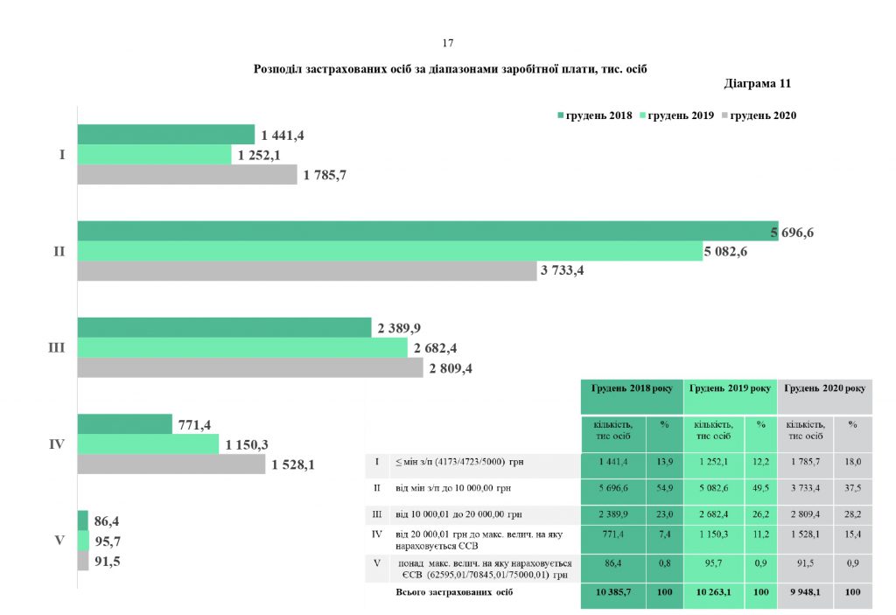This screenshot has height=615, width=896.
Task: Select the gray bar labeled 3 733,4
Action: tap(306, 271)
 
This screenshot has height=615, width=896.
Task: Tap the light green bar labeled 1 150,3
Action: tap(148, 444)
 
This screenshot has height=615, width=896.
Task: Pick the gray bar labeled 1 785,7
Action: tap(187, 175)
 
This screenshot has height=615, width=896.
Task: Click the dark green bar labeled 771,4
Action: tap(124, 424)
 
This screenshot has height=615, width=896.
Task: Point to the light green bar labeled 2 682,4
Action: tap(242, 348)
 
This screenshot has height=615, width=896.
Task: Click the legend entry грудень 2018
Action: tap(594, 115)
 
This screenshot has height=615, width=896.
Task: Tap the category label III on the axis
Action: tap(56, 348)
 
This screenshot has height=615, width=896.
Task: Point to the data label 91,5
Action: tap(107, 562)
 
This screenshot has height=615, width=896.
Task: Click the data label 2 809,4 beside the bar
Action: tap(451, 368)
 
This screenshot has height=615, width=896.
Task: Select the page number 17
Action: tap(448, 43)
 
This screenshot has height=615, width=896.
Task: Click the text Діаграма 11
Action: tap(758, 85)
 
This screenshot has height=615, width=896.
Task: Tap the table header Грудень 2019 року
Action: tap(730, 388)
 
